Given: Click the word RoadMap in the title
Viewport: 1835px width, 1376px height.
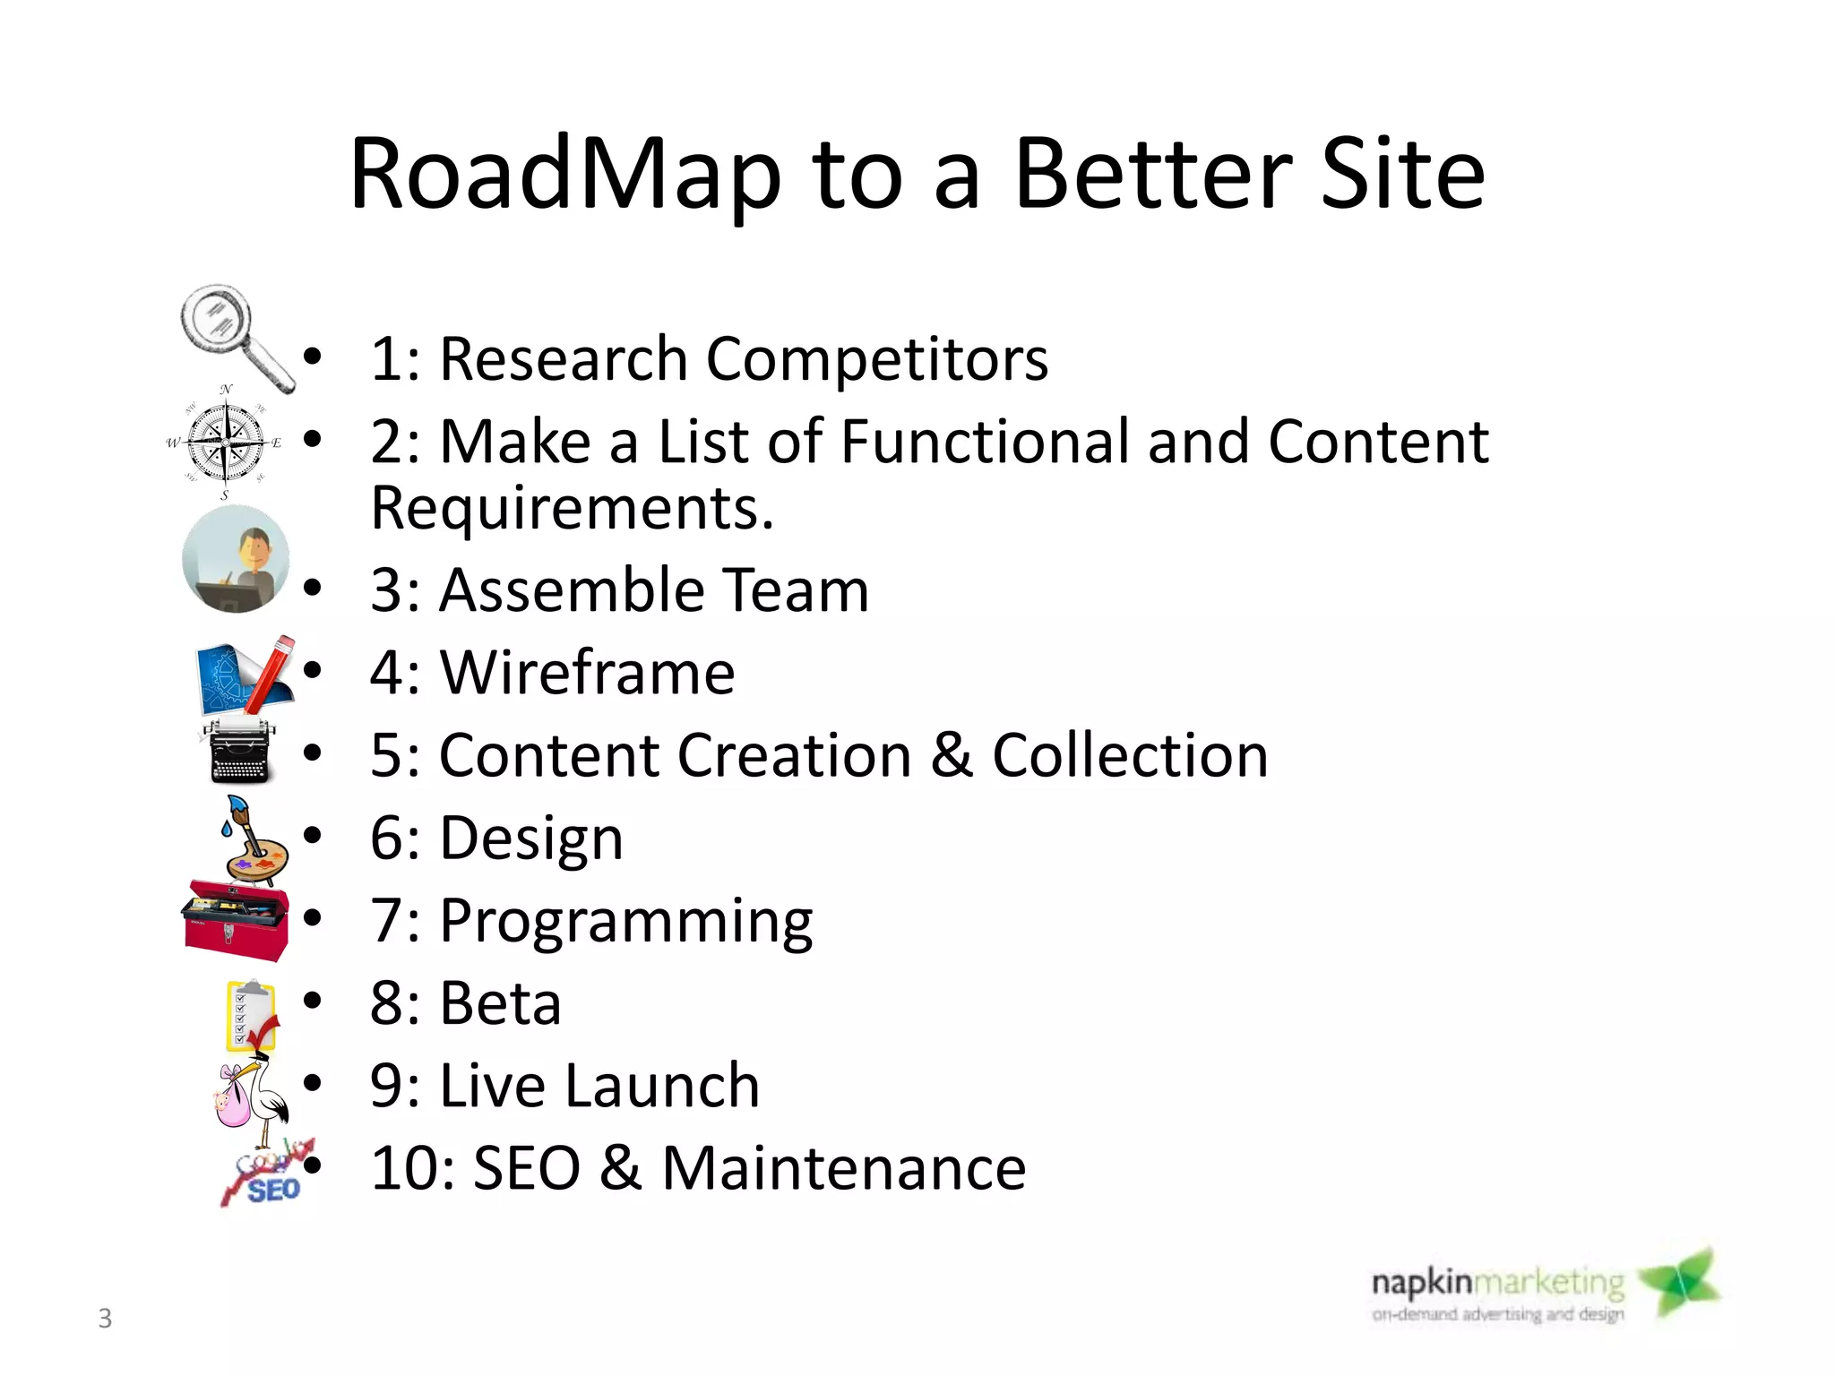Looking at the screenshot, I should pos(565,175).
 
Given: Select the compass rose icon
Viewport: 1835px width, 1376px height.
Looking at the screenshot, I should pos(226,442).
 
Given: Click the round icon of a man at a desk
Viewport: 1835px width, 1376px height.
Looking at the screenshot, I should pos(236,559).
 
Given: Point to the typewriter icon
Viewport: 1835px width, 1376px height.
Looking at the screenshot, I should pos(238,751).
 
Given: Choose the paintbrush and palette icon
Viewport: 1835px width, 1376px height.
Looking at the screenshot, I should pos(253,840).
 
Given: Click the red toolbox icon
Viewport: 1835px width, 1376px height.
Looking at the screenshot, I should pos(236,921).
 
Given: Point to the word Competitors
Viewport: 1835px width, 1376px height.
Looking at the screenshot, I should pos(876,359).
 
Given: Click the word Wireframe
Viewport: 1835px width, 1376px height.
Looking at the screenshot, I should pos(587,673).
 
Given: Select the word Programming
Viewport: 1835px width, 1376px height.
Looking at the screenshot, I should pos(625,922).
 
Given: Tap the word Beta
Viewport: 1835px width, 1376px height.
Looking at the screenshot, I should pos(500,1003).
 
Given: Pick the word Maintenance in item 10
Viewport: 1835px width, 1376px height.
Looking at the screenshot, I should pos(843,1169).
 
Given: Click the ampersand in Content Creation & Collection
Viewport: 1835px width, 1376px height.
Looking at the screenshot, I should pos(951,755).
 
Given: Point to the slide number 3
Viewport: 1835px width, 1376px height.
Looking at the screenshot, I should pos(105,1318).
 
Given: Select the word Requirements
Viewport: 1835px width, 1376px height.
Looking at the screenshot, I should pos(572,509).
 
